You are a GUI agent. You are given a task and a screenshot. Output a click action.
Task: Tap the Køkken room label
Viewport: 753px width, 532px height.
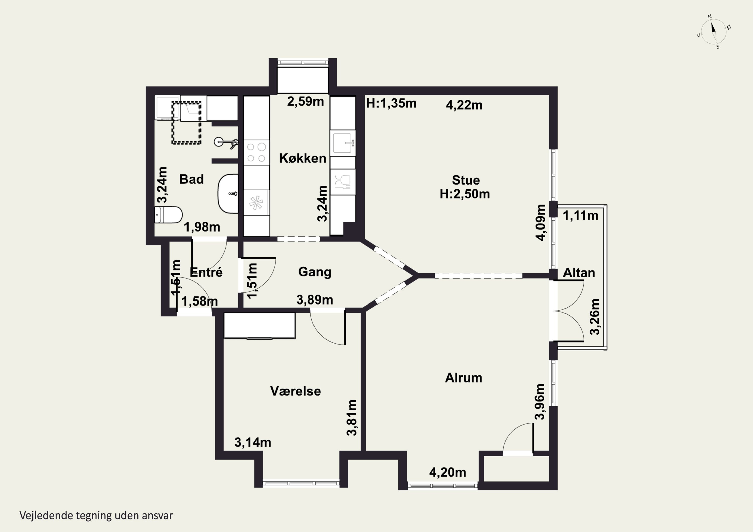coord(302,158)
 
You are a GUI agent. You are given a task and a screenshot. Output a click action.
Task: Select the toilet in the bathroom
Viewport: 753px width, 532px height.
coord(168,215)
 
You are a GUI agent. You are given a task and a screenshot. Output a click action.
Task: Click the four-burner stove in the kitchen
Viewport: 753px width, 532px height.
coord(257,153)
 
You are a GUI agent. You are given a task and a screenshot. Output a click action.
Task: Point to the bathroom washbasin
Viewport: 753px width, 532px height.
coord(228,194)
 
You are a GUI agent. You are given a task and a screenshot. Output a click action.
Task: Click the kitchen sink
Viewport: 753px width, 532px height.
coord(343,143)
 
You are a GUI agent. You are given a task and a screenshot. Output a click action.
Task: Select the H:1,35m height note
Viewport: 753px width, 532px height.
coord(391,104)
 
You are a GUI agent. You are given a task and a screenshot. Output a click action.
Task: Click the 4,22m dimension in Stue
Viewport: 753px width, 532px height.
coord(464,105)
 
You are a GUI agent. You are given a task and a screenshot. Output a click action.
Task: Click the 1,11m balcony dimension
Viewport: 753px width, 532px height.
coord(581,216)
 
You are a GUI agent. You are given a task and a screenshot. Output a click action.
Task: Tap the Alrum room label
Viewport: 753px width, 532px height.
coord(463,378)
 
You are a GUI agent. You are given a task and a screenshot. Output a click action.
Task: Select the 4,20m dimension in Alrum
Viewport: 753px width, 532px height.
coord(448,472)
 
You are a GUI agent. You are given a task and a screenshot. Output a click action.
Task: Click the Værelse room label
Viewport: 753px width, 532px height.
coord(295,391)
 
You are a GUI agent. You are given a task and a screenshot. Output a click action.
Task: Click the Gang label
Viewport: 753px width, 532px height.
coord(315,272)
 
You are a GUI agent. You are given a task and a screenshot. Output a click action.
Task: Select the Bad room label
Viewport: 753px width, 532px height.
coord(192,179)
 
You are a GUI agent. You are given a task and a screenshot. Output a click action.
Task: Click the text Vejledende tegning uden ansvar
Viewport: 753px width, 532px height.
coord(96,516)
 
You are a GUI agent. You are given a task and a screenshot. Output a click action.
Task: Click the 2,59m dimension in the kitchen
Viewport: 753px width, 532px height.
coord(305,102)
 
